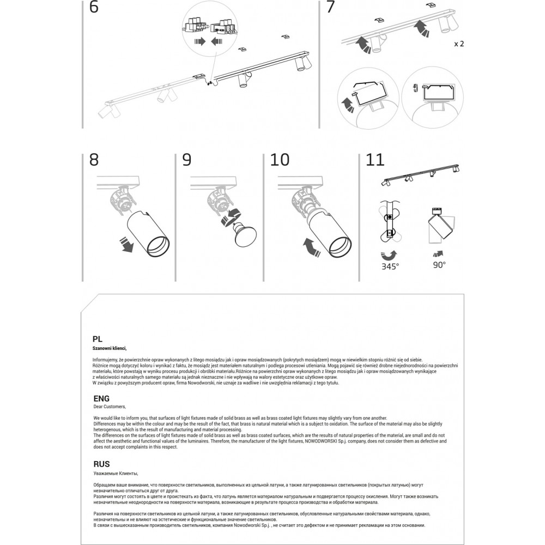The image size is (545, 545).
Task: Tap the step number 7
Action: coord(330,7)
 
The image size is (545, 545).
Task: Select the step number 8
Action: coord(94,159)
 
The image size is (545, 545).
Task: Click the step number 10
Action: coord(280,159)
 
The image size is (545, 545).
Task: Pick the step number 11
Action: coord(375,159)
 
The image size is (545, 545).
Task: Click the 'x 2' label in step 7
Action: coord(458,44)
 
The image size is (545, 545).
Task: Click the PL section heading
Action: coord(98,338)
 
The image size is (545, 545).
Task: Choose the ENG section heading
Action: coord(101,398)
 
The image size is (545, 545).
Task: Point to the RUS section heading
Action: coord(101,464)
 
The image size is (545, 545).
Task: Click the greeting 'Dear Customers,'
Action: coord(110,407)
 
